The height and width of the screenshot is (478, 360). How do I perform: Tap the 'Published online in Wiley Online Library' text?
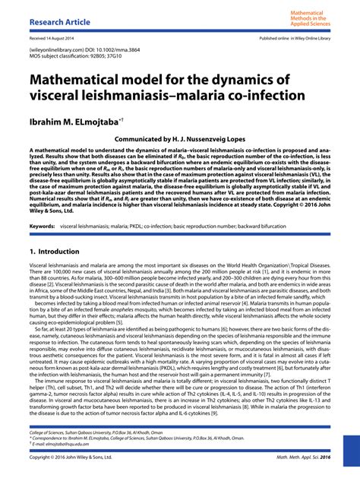(x=295, y=37)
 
